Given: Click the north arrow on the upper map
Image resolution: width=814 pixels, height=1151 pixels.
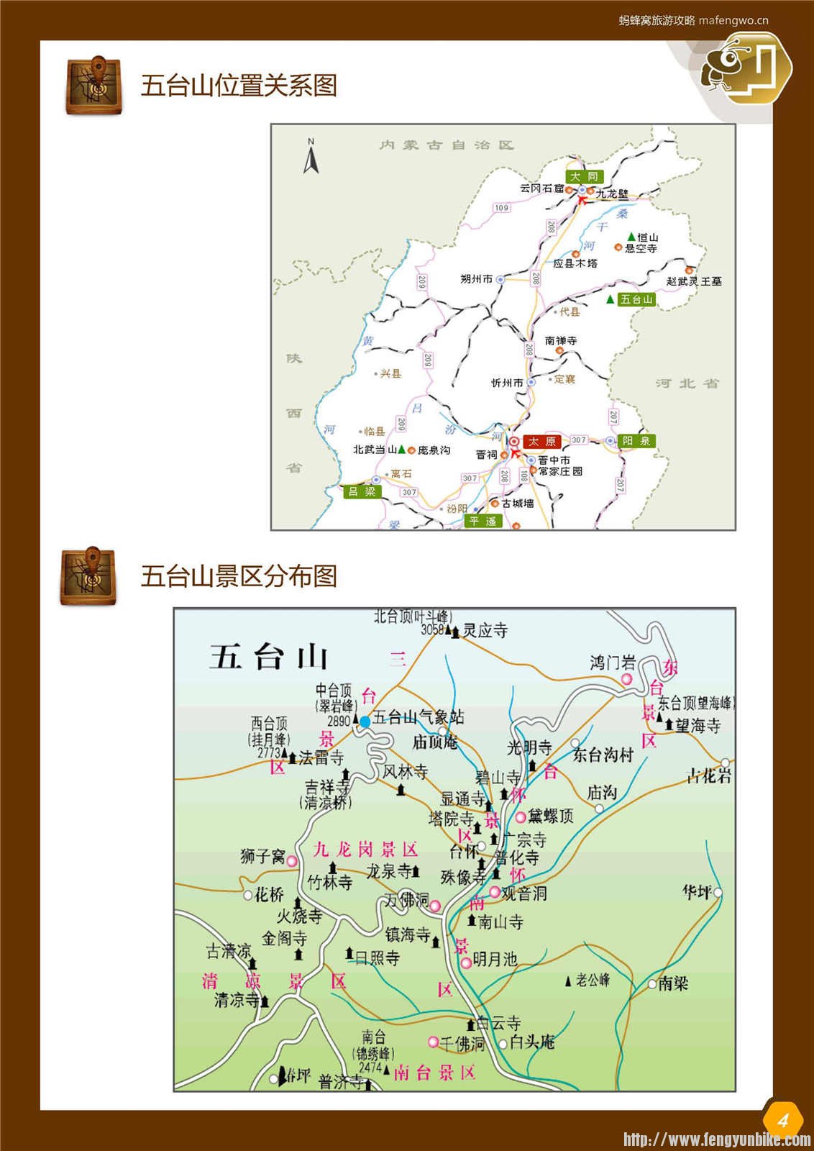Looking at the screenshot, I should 311,157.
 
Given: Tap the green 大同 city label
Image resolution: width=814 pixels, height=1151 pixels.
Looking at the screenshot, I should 583,176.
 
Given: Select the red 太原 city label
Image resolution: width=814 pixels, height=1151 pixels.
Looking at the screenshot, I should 541,441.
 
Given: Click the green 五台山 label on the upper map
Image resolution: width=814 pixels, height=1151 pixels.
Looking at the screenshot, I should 636,299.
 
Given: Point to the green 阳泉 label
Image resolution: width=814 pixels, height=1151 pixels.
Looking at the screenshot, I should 636,441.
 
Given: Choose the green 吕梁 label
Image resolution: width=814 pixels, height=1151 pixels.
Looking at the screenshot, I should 362,491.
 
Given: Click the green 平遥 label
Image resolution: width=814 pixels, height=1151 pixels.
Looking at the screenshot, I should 483,521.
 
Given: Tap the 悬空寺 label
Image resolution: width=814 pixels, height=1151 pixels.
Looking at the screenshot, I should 640,248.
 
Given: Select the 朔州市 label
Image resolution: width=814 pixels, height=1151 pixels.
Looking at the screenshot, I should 476,278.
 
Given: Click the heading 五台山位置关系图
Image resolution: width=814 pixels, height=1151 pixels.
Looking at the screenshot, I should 239,86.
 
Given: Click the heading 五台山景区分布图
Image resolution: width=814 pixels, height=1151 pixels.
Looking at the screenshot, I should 239,576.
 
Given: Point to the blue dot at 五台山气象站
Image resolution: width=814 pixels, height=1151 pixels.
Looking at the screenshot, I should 365,721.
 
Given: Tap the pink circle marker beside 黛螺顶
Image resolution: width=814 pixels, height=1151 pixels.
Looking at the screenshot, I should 521,817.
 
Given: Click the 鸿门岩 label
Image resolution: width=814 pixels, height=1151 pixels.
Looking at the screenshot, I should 613,663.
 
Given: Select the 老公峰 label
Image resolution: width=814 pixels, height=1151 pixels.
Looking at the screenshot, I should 592,980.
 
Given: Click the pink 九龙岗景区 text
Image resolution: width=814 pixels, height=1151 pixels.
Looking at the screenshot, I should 365,850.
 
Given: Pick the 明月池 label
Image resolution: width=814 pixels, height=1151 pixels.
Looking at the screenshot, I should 495,959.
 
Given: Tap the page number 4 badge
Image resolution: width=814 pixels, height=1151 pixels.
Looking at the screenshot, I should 782,1119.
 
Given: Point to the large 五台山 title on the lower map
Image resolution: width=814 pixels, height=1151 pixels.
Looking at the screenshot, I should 269,657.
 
